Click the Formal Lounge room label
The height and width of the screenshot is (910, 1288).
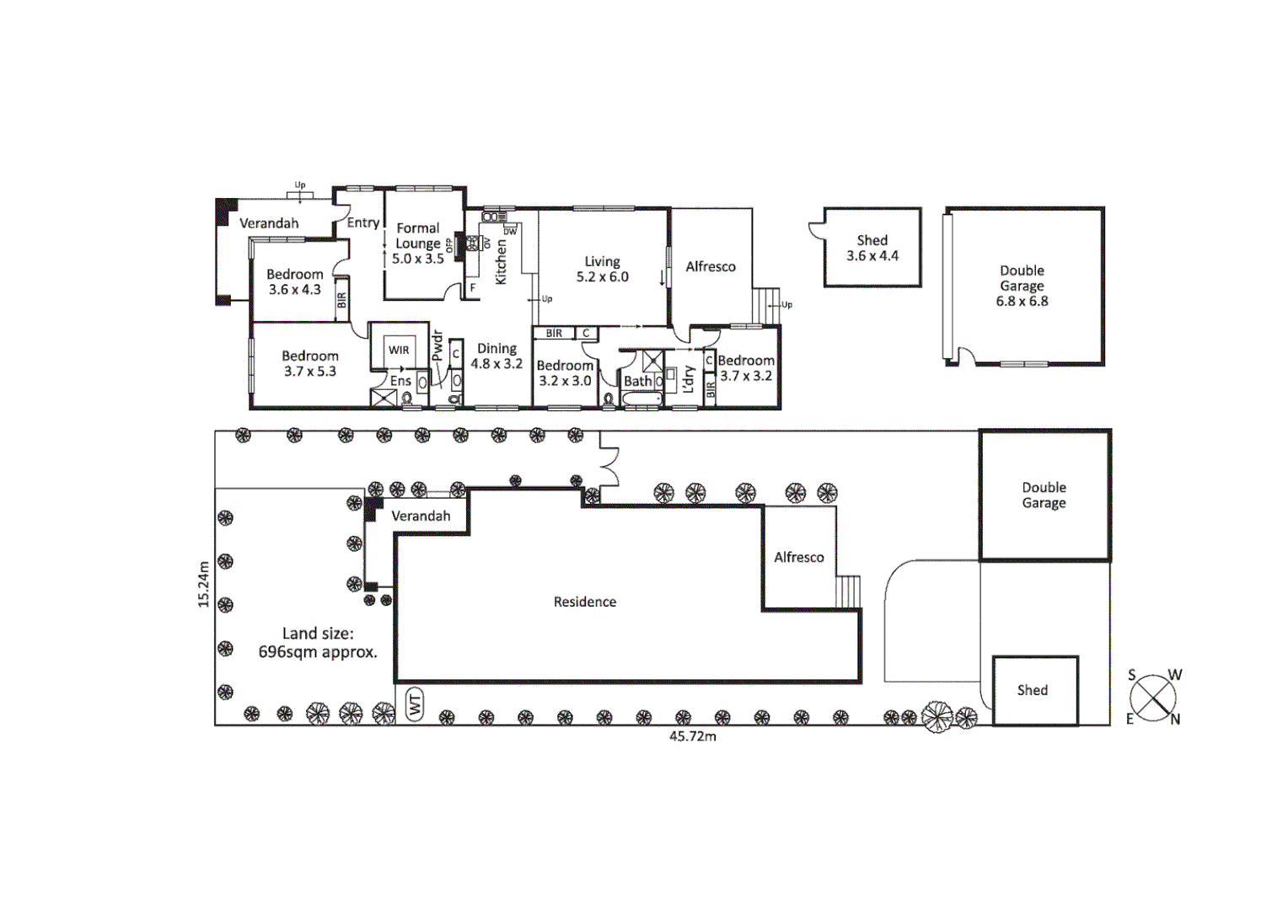pyautogui.click(x=418, y=243)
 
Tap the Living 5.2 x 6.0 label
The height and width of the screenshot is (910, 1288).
pyautogui.click(x=602, y=269)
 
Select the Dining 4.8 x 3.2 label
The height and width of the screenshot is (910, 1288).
pyautogui.click(x=496, y=356)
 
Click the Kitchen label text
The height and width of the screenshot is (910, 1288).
pyautogui.click(x=501, y=262)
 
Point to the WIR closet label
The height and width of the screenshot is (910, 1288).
pyautogui.click(x=399, y=350)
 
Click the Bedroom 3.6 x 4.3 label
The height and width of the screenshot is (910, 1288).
pyautogui.click(x=294, y=281)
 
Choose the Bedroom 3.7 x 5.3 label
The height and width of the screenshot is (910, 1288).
pyautogui.click(x=309, y=363)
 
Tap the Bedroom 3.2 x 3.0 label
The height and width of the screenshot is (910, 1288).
pyautogui.click(x=565, y=372)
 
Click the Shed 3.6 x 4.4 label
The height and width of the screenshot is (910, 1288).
pyautogui.click(x=872, y=248)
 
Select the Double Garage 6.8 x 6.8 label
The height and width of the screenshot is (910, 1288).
pyautogui.click(x=1022, y=286)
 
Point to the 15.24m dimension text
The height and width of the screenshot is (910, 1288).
pyautogui.click(x=203, y=584)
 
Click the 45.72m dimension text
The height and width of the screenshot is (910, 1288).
pyautogui.click(x=692, y=736)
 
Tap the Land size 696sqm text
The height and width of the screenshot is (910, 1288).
pyautogui.click(x=317, y=642)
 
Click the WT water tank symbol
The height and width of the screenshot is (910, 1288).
pyautogui.click(x=415, y=704)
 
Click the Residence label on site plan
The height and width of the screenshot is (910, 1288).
pyautogui.click(x=584, y=602)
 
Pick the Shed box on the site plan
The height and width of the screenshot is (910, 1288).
pyautogui.click(x=1034, y=690)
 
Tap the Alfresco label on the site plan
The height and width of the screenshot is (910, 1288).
pyautogui.click(x=798, y=557)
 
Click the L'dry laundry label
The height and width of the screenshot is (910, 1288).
pyautogui.click(x=689, y=379)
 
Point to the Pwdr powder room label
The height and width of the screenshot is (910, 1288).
pyautogui.click(x=437, y=346)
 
